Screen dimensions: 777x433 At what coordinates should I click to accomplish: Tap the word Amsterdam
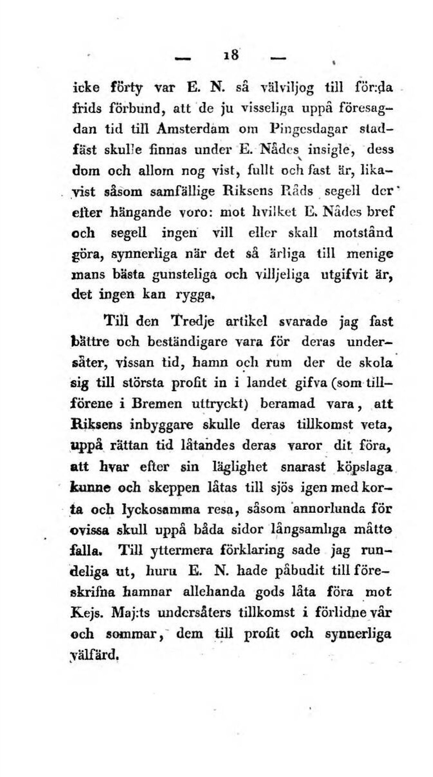point(183,128)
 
